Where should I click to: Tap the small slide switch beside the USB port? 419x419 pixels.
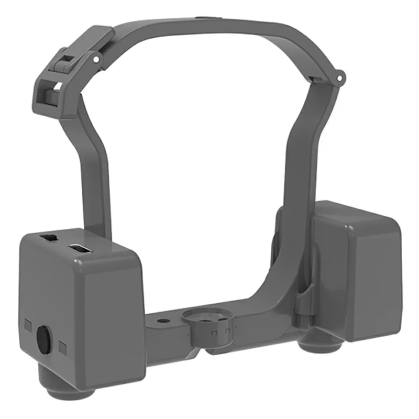point(50,238)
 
